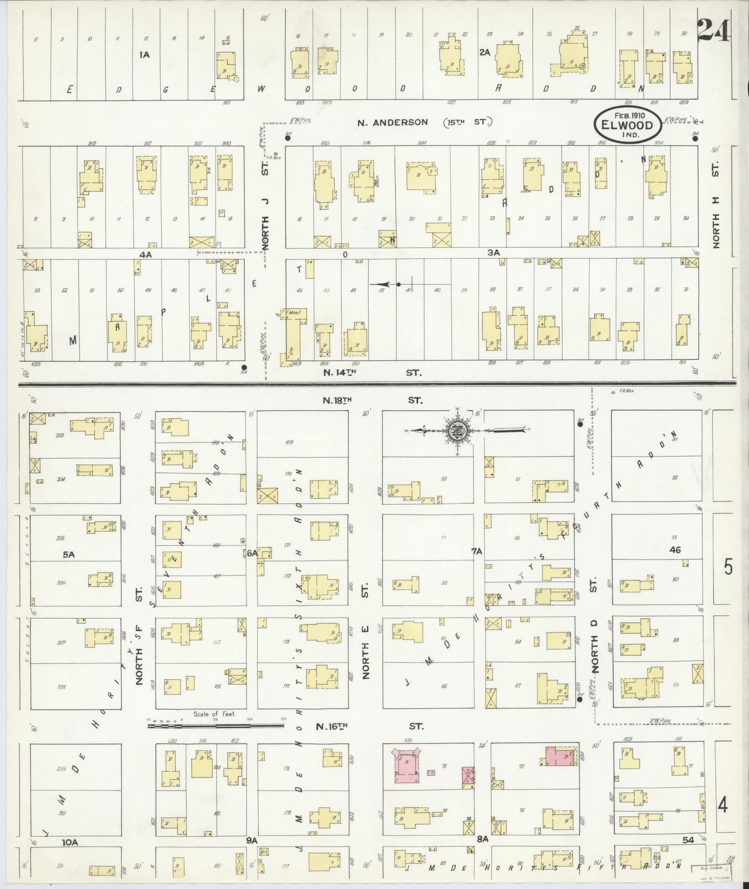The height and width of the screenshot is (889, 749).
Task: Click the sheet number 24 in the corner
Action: (713, 30)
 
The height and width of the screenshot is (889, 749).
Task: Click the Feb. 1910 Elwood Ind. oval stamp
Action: (627, 125)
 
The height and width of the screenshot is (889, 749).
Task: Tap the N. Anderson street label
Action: (392, 122)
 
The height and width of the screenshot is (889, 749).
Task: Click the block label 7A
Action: (477, 552)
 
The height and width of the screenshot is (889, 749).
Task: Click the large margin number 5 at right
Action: (728, 567)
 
